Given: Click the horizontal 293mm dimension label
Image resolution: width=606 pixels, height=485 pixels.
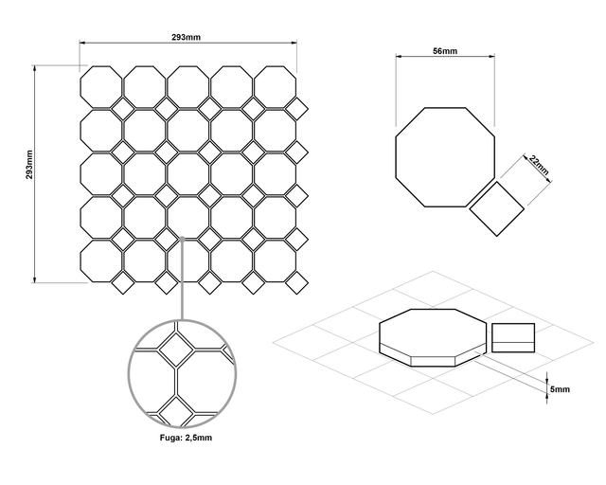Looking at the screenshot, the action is tap(187, 37).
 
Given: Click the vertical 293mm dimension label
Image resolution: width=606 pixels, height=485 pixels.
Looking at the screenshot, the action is tap(29, 165).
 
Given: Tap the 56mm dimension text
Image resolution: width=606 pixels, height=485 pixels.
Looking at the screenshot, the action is tap(445, 51).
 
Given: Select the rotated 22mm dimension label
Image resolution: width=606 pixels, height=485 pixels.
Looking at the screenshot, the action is tap(539, 165).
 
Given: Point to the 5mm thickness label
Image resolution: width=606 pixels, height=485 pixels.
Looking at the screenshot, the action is tap(560, 389).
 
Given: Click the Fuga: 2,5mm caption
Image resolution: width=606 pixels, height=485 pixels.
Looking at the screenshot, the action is tap(186, 438).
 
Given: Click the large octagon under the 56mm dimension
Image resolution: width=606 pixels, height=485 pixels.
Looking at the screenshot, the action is tap(445, 157).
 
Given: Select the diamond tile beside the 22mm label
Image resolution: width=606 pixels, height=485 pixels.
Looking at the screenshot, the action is tap(496, 208).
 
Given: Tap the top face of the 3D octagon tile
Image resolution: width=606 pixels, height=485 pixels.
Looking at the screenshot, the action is tap(433, 331).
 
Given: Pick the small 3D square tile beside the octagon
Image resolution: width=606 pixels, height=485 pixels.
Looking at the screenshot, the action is tap(513, 337).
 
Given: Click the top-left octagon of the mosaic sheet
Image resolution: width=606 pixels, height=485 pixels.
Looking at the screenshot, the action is tap(101, 87).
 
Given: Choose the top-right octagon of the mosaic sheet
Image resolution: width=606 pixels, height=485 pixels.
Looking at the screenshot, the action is tap(276, 87).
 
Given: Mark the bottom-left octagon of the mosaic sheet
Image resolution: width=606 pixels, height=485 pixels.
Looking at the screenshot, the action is tap(101, 261).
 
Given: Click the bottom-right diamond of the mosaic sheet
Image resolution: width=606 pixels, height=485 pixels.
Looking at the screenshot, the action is tap(296, 282).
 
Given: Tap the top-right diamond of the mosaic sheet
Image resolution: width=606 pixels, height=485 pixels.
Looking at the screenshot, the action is tap(296, 109).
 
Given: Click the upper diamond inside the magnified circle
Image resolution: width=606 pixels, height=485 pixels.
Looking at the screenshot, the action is tap(177, 350).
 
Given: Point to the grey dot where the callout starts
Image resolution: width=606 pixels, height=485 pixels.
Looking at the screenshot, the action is tap(182, 239).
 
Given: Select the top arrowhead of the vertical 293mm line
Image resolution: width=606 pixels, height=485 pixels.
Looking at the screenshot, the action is tap(34, 68).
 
